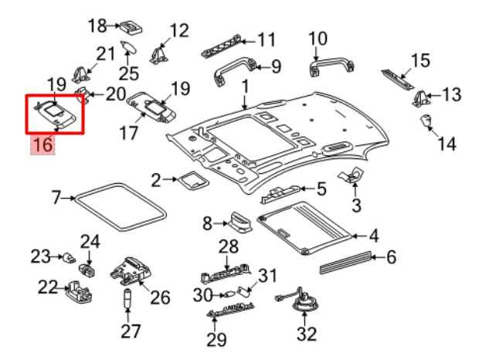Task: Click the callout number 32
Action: pos(307,334)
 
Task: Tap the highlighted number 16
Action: pos(42,144)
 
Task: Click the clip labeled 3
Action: pos(356,175)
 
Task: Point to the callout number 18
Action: pos(97,26)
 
